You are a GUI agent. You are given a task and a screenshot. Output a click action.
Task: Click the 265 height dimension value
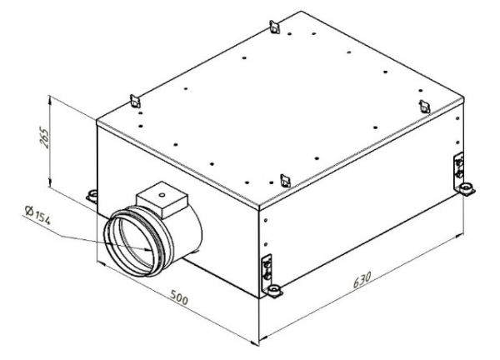[x=46, y=137]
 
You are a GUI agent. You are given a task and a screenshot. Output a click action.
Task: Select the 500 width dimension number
[x=179, y=297]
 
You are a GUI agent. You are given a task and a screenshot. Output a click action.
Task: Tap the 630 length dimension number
[x=362, y=279]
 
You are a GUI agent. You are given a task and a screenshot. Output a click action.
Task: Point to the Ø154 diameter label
[x=37, y=216]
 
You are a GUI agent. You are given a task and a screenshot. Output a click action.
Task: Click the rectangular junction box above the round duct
[x=162, y=199]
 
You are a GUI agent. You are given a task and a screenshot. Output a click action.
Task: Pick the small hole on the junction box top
[x=162, y=194]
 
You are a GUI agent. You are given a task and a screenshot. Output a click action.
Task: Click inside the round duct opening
[x=134, y=240]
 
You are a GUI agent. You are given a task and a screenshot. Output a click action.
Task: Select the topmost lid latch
[x=274, y=27]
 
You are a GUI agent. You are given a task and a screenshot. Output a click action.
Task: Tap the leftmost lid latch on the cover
[x=135, y=102]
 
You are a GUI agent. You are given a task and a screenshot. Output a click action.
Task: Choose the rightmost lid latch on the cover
[x=425, y=106]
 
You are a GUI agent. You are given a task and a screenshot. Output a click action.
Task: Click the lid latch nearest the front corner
[x=285, y=181]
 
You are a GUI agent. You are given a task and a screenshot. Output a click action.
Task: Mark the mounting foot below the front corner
[x=273, y=291]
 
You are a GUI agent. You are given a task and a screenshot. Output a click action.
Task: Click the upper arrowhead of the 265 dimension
[x=49, y=99]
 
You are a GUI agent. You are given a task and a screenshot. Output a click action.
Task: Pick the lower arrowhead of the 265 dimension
[x=49, y=182]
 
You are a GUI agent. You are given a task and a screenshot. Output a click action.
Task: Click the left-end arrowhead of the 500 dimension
[x=101, y=263]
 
